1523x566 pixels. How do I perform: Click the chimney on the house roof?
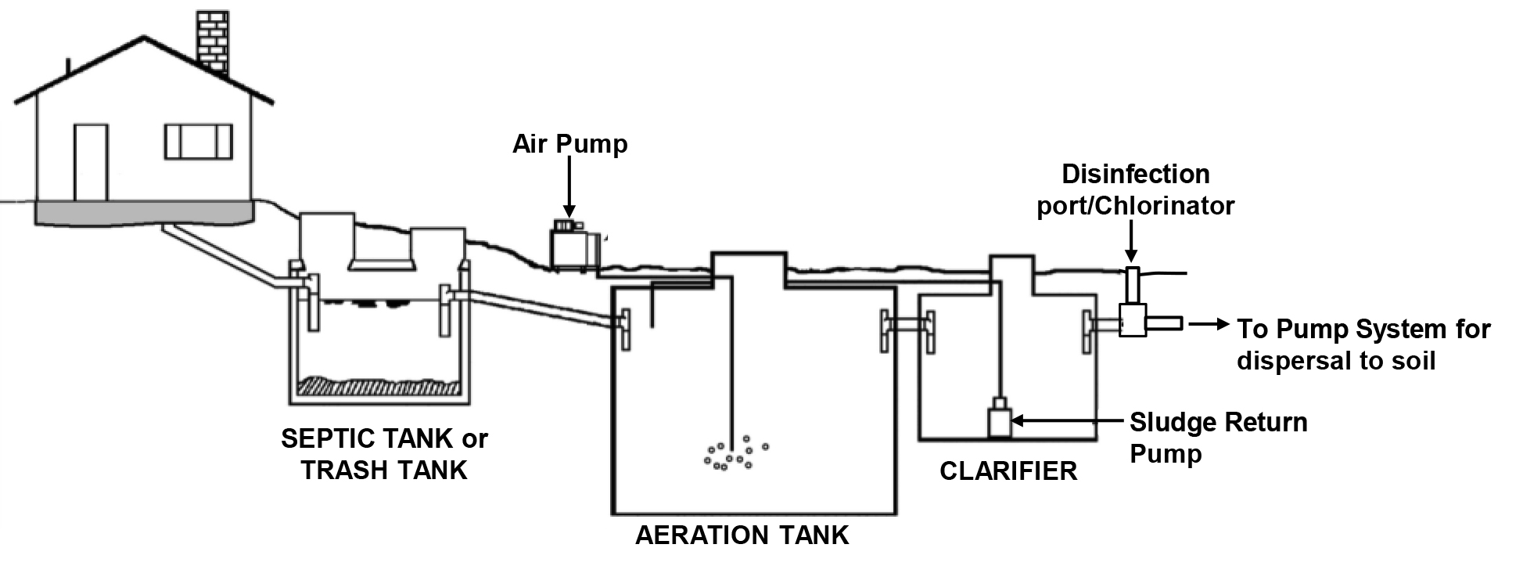click(212, 43)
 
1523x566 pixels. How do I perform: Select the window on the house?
click(199, 142)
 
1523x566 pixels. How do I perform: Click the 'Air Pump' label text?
click(570, 144)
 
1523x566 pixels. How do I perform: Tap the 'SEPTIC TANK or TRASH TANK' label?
click(384, 454)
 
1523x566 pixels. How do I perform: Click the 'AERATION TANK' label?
click(742, 535)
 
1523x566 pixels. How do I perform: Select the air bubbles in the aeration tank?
click(735, 453)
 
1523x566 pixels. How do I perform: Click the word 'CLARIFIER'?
click(1008, 471)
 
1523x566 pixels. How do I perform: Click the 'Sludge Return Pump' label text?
click(1218, 438)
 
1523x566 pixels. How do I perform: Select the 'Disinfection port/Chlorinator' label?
click(1136, 189)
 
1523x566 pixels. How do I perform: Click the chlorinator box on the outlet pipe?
click(1132, 320)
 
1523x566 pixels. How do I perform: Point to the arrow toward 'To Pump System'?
click(1209, 323)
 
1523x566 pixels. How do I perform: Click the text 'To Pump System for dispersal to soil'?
click(1363, 344)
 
